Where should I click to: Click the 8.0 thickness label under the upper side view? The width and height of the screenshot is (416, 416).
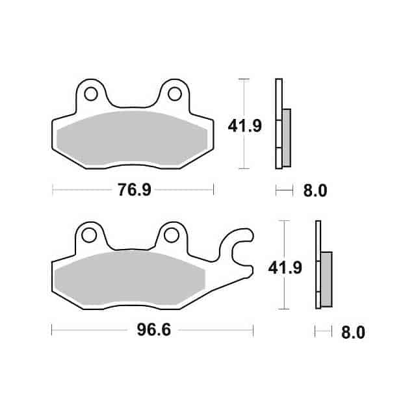[314, 190]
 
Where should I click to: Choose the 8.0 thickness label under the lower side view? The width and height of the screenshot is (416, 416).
[352, 332]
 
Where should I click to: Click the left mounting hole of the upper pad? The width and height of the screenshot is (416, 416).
[91, 94]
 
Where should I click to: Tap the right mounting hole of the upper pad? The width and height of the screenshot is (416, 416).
[174, 94]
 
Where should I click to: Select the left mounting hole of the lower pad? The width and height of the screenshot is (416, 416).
[90, 235]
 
